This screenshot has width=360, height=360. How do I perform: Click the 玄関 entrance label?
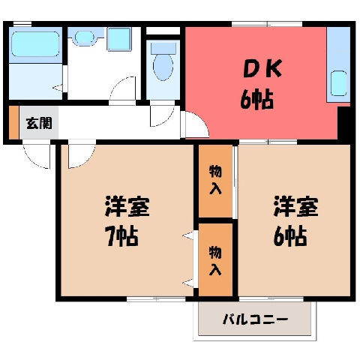[39, 123]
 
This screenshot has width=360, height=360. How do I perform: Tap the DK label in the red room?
[262, 68]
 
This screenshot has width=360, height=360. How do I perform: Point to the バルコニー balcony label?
[255, 319]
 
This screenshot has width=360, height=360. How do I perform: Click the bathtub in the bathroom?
[35, 44]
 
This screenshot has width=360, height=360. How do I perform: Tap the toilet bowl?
[163, 67]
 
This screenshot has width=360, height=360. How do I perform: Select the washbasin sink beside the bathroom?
[84, 37]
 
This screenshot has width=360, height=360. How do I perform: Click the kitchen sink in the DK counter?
[339, 83]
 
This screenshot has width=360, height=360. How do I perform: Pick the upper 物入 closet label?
[215, 179]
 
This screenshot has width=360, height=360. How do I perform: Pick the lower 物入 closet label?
[215, 260]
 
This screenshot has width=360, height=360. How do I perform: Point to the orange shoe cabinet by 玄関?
[14, 122]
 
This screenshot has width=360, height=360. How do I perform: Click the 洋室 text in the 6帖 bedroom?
[296, 206]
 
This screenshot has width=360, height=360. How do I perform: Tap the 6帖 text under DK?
[256, 99]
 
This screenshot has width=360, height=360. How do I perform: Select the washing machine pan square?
[119, 39]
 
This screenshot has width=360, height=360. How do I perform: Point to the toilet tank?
[163, 48]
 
